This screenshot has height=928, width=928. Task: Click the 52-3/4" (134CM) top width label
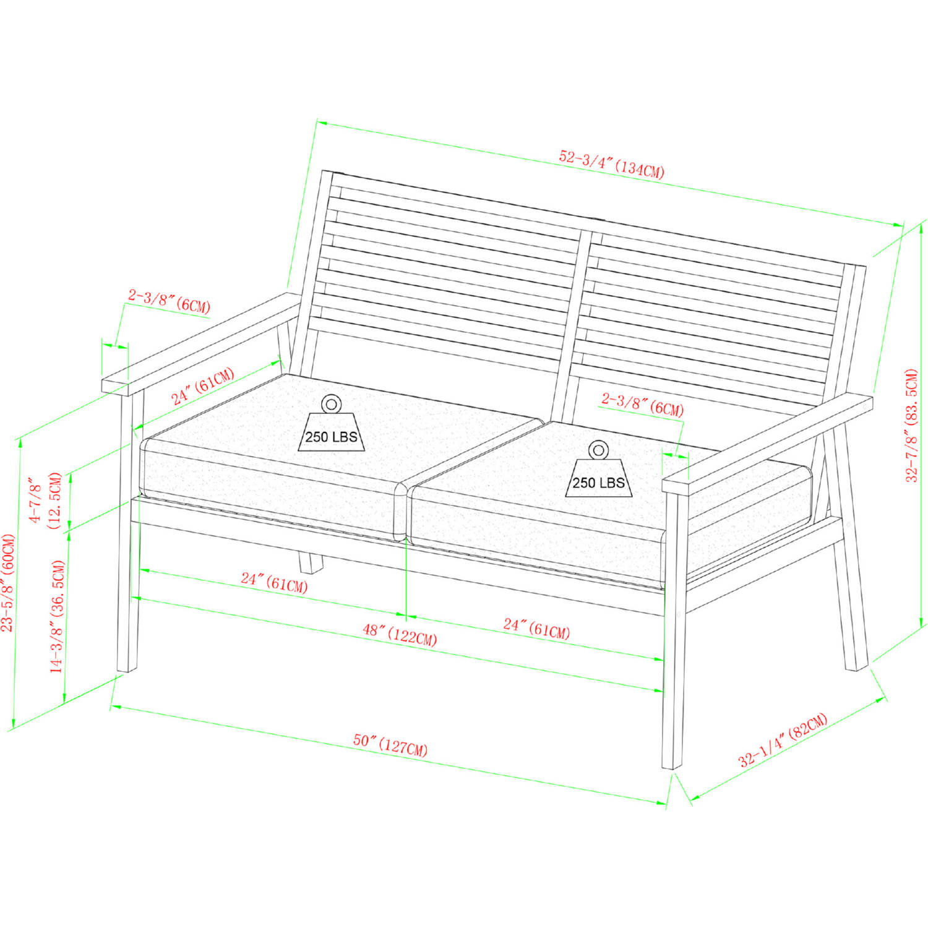(x=612, y=164)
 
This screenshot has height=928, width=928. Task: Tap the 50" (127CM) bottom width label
(x=390, y=744)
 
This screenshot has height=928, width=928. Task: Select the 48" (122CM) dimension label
(x=400, y=635)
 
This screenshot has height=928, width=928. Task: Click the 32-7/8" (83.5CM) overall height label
(x=911, y=425)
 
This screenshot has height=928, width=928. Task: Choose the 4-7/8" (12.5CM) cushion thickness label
(x=46, y=500)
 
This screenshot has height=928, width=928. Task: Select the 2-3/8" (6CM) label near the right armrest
(x=642, y=405)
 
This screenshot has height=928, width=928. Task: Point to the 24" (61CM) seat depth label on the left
(x=203, y=387)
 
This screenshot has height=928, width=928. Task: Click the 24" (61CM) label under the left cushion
(x=274, y=582)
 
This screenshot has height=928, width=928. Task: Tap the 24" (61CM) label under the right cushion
(x=536, y=629)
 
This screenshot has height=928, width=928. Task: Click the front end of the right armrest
(x=676, y=486)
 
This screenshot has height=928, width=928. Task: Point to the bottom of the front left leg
(x=127, y=669)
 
